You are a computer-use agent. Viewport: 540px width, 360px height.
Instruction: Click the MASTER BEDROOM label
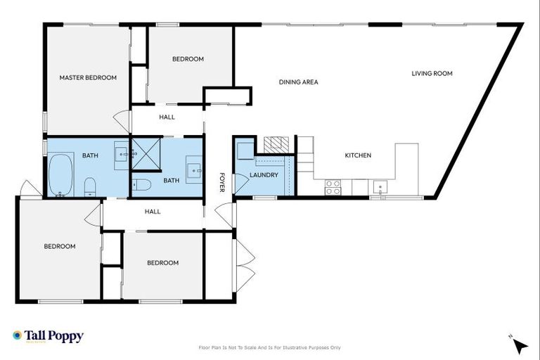(x=88, y=77)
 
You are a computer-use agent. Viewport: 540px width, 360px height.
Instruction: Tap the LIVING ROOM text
(x=432, y=73)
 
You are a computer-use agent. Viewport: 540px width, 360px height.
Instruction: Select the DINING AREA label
(x=298, y=82)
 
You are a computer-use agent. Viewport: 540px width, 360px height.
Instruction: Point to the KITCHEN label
(x=357, y=155)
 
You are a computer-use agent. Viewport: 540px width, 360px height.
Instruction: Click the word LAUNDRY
(x=264, y=175)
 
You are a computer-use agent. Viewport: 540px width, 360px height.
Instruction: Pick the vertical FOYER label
(x=221, y=182)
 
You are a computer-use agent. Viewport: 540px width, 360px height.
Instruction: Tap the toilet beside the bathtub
(x=90, y=187)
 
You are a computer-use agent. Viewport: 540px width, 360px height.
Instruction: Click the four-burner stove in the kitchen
(x=332, y=187)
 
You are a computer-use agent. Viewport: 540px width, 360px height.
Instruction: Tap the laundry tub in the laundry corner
(x=245, y=150)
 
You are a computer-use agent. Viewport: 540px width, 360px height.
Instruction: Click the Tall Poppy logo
(x=48, y=336)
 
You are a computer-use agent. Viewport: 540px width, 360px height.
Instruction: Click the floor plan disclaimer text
(x=270, y=347)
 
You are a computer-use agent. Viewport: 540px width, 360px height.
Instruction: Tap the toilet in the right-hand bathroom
(x=141, y=185)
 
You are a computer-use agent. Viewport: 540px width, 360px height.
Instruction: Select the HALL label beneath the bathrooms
(x=153, y=212)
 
